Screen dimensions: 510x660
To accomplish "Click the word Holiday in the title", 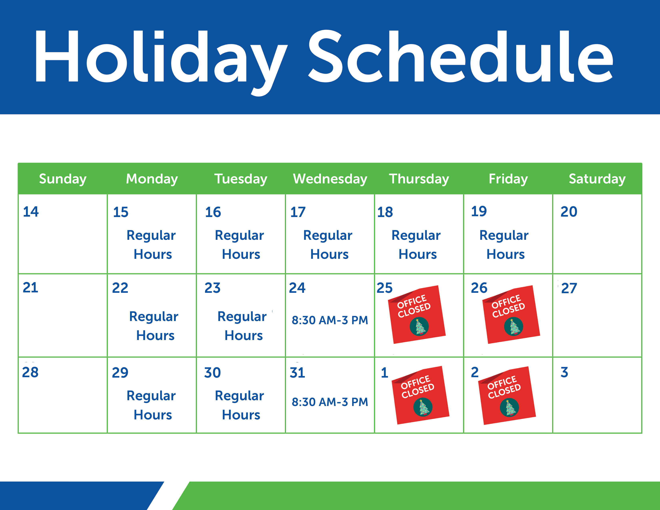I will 160,57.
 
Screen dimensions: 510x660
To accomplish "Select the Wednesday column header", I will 330,179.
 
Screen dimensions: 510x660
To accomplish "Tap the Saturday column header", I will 597,179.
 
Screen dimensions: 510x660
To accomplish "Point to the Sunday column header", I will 63,179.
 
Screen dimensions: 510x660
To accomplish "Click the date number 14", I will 31,211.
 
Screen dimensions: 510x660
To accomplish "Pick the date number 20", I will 569,211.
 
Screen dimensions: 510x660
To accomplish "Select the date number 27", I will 569,288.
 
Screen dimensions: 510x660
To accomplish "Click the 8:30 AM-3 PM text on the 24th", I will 330,320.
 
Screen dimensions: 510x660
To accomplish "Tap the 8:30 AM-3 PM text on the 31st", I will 330,402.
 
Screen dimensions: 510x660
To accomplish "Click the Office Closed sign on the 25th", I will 417,314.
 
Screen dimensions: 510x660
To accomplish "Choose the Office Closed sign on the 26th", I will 511,314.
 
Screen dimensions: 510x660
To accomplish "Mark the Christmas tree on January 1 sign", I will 423,407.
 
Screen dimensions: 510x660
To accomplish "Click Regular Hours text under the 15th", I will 152,245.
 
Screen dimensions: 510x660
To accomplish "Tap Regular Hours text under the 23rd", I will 243,326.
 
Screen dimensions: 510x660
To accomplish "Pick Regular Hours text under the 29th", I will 152,405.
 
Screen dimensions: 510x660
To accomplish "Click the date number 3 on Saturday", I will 564,372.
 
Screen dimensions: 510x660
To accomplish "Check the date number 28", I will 30,372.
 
